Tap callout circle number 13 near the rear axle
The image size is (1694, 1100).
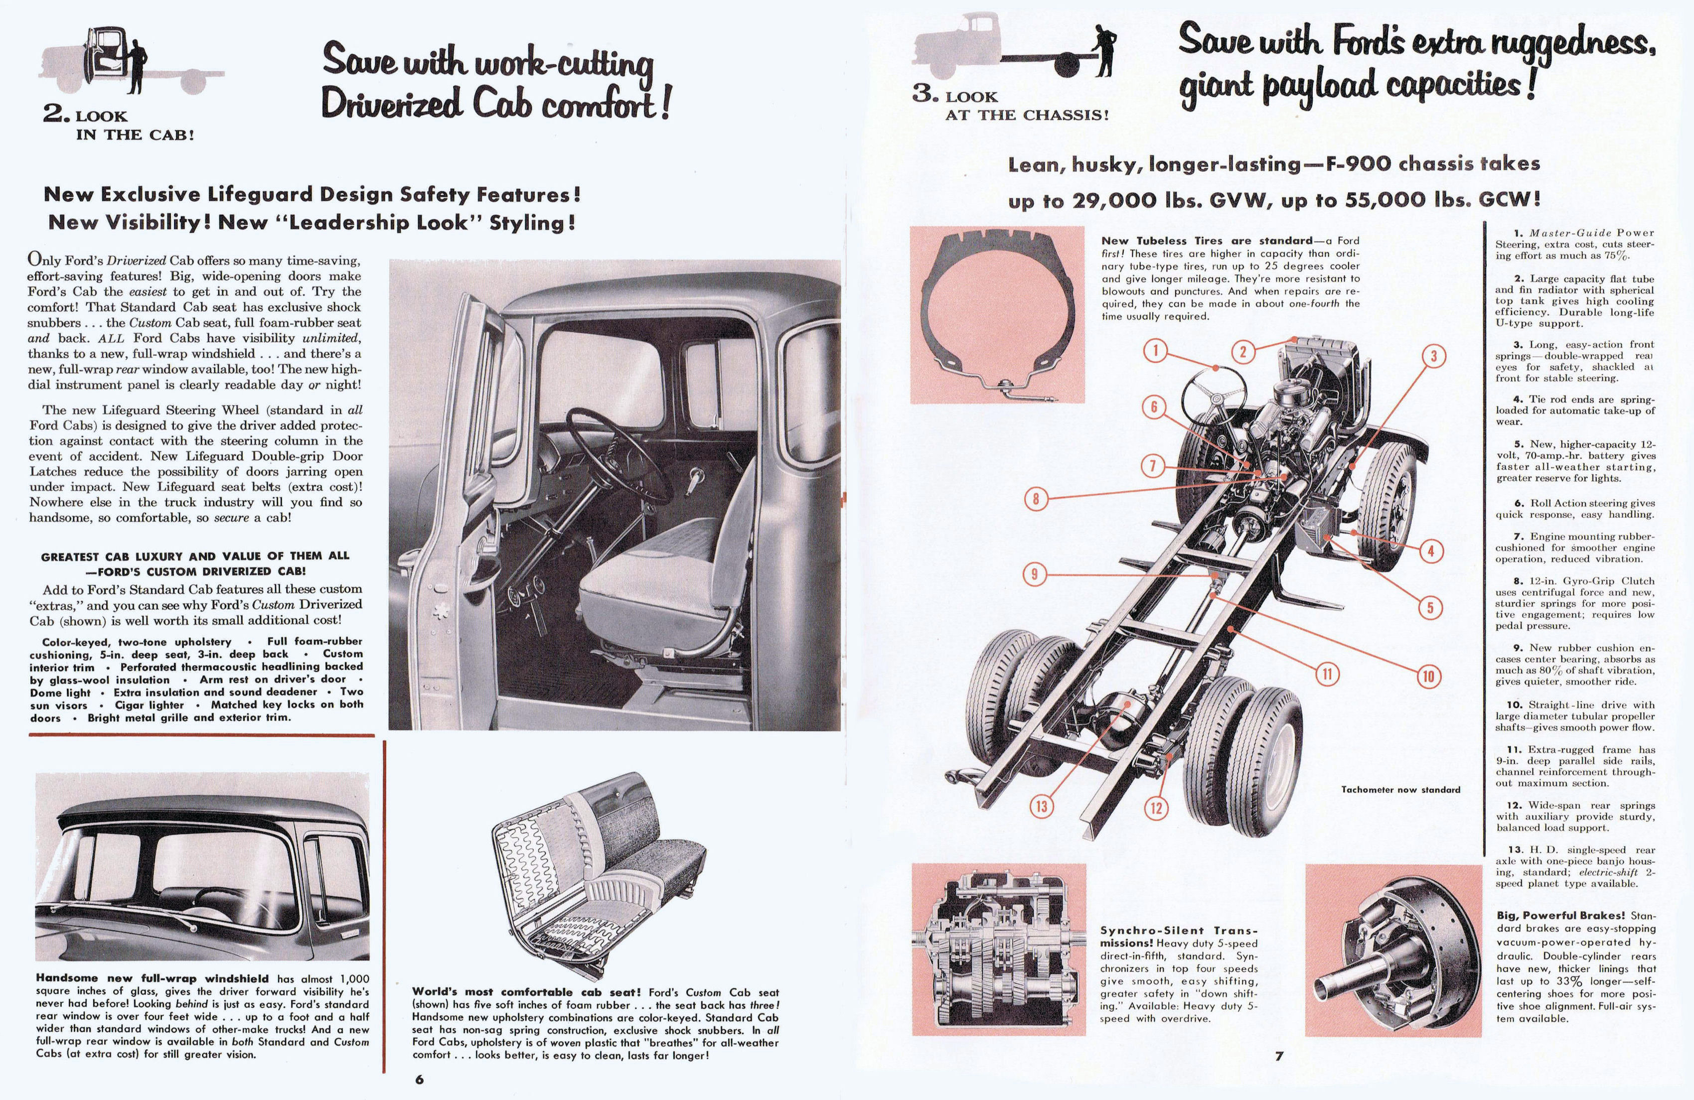pos(1042,806)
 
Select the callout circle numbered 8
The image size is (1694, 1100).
pos(1036,499)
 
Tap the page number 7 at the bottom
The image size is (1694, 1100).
pos(1279,1056)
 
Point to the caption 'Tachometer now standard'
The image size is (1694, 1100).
pos(1400,789)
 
